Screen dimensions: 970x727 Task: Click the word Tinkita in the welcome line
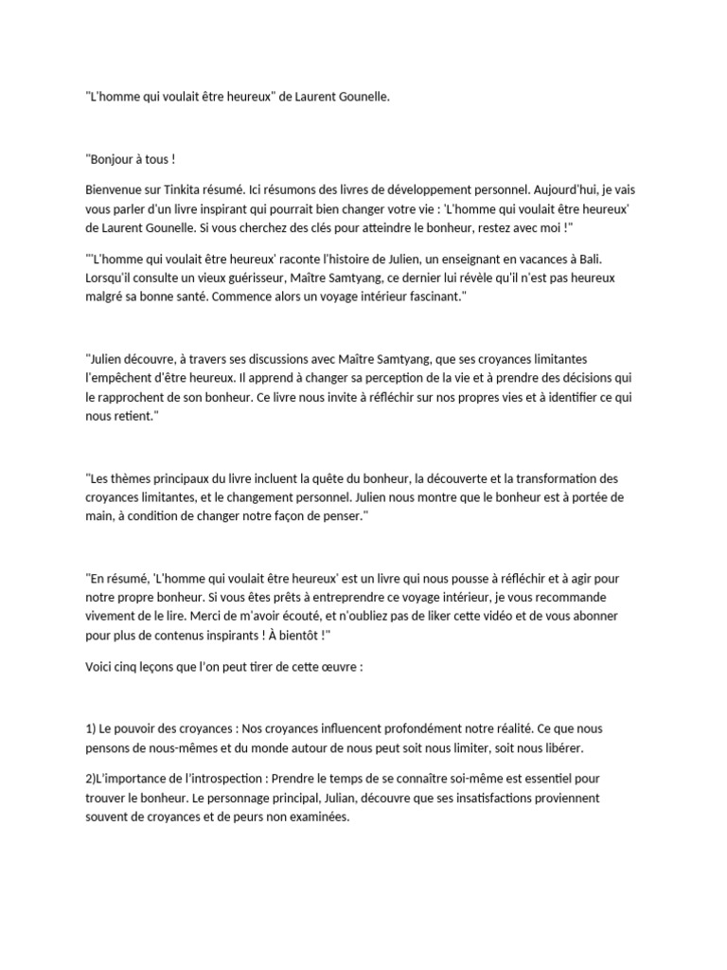pyautogui.click(x=186, y=189)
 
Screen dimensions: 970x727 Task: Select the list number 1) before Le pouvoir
pyautogui.click(x=92, y=727)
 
